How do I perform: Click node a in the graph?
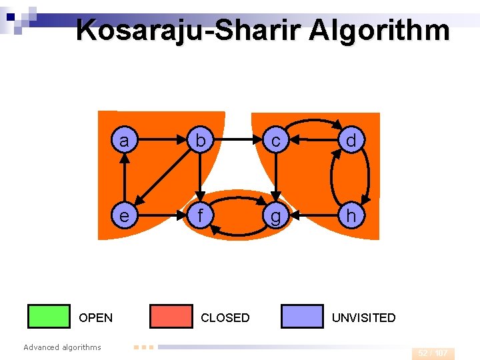pyautogui.click(x=123, y=141)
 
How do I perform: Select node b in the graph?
pyautogui.click(x=199, y=141)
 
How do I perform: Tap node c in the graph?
pyautogui.click(x=275, y=141)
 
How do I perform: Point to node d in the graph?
pyautogui.click(x=351, y=141)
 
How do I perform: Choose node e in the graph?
pyautogui.click(x=123, y=216)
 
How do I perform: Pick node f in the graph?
pyautogui.click(x=199, y=216)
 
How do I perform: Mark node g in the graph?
pyautogui.click(x=275, y=216)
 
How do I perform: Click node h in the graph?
pyautogui.click(x=351, y=216)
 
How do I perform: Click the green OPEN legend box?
pyautogui.click(x=49, y=317)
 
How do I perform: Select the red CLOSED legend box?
pyautogui.click(x=171, y=317)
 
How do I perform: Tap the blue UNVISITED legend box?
pyautogui.click(x=302, y=317)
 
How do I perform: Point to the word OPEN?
pyautogui.click(x=96, y=318)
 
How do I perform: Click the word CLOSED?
pyautogui.click(x=225, y=318)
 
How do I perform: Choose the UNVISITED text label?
pyautogui.click(x=364, y=318)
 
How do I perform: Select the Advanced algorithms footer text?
pyautogui.click(x=62, y=347)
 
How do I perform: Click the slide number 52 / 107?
pyautogui.click(x=433, y=353)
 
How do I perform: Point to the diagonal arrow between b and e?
pyautogui.click(x=161, y=179)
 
